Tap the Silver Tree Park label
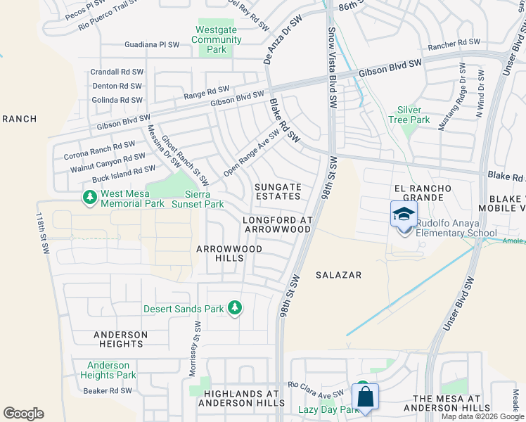pyautogui.click(x=409, y=115)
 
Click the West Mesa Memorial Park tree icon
pyautogui.click(x=89, y=198)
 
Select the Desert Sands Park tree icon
pyautogui.click(x=236, y=308)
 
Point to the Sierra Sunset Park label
pyautogui.click(x=204, y=199)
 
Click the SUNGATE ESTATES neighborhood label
pyautogui.click(x=278, y=192)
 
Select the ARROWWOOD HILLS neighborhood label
pyautogui.click(x=229, y=253)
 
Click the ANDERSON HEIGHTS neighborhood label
pyautogui.click(x=121, y=339)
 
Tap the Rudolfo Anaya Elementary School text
pyautogui.click(x=456, y=229)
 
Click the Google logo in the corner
pyautogui.click(x=23, y=414)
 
